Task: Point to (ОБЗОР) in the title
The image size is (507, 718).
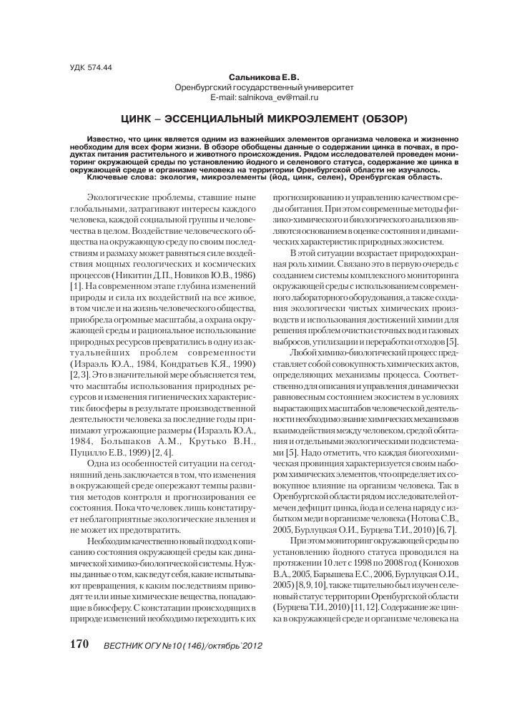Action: tap(380, 117)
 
